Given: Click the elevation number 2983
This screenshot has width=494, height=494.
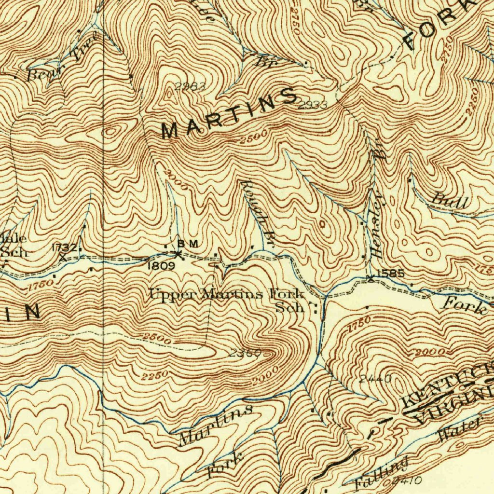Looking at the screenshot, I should point(190,87).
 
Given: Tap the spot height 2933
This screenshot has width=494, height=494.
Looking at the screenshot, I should point(312,105).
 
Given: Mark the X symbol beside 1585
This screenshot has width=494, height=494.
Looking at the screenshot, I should point(370,278).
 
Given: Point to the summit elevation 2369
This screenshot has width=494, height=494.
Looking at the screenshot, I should point(245,353).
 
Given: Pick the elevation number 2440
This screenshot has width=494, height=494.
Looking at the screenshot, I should point(375,378).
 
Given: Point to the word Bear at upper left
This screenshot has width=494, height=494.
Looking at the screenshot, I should point(41,75).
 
